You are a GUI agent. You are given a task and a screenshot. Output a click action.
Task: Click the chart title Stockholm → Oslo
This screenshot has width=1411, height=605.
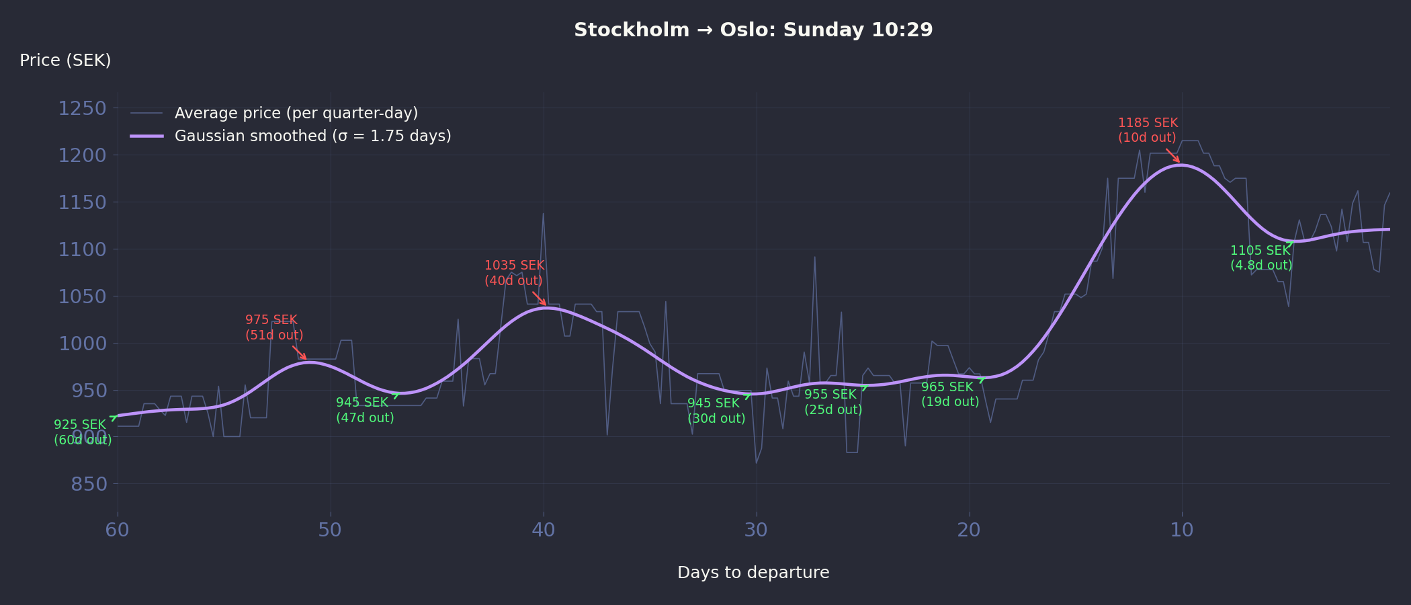click(753, 30)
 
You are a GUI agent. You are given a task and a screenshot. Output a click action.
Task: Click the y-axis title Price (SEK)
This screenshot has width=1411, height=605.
click(65, 61)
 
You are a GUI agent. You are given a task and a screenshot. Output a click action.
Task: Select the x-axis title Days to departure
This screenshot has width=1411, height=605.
click(753, 573)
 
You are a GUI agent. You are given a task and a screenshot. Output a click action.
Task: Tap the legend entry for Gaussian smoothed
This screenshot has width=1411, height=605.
click(312, 136)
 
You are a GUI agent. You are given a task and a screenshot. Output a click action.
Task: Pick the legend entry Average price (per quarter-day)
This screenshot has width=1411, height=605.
click(296, 113)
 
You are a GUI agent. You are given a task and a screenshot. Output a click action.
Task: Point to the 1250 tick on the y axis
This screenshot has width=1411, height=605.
click(83, 108)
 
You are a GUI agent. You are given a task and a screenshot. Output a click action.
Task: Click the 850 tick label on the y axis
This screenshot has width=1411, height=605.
click(89, 484)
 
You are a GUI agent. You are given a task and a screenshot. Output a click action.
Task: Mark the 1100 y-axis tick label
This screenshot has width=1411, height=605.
click(83, 249)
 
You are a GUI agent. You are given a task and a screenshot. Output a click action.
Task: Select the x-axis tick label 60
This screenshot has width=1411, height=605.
click(118, 530)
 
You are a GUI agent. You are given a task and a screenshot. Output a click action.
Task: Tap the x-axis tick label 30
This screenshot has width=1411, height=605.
click(756, 530)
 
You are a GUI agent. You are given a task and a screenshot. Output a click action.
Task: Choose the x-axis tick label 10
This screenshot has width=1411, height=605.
click(1182, 530)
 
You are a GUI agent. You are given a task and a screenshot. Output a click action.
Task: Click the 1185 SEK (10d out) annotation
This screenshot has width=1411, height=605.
click(1148, 130)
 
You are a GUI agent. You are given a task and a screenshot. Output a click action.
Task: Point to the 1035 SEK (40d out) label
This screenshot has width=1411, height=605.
click(514, 273)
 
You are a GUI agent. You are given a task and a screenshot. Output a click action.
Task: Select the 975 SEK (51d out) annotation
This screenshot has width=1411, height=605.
click(273, 327)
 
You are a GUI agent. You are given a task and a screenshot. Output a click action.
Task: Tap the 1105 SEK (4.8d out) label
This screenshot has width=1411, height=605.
click(1260, 258)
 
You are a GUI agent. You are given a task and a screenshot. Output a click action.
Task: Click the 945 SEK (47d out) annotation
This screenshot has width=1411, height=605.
click(364, 410)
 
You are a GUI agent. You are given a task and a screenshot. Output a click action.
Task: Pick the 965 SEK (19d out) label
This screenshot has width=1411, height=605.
click(949, 395)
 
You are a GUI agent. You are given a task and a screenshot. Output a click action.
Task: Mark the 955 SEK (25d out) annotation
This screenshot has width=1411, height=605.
click(832, 402)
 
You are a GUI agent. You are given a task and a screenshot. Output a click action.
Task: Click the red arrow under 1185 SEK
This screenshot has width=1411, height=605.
click(1172, 155)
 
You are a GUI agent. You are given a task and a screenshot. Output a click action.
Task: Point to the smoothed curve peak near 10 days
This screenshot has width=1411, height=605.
click(1181, 165)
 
